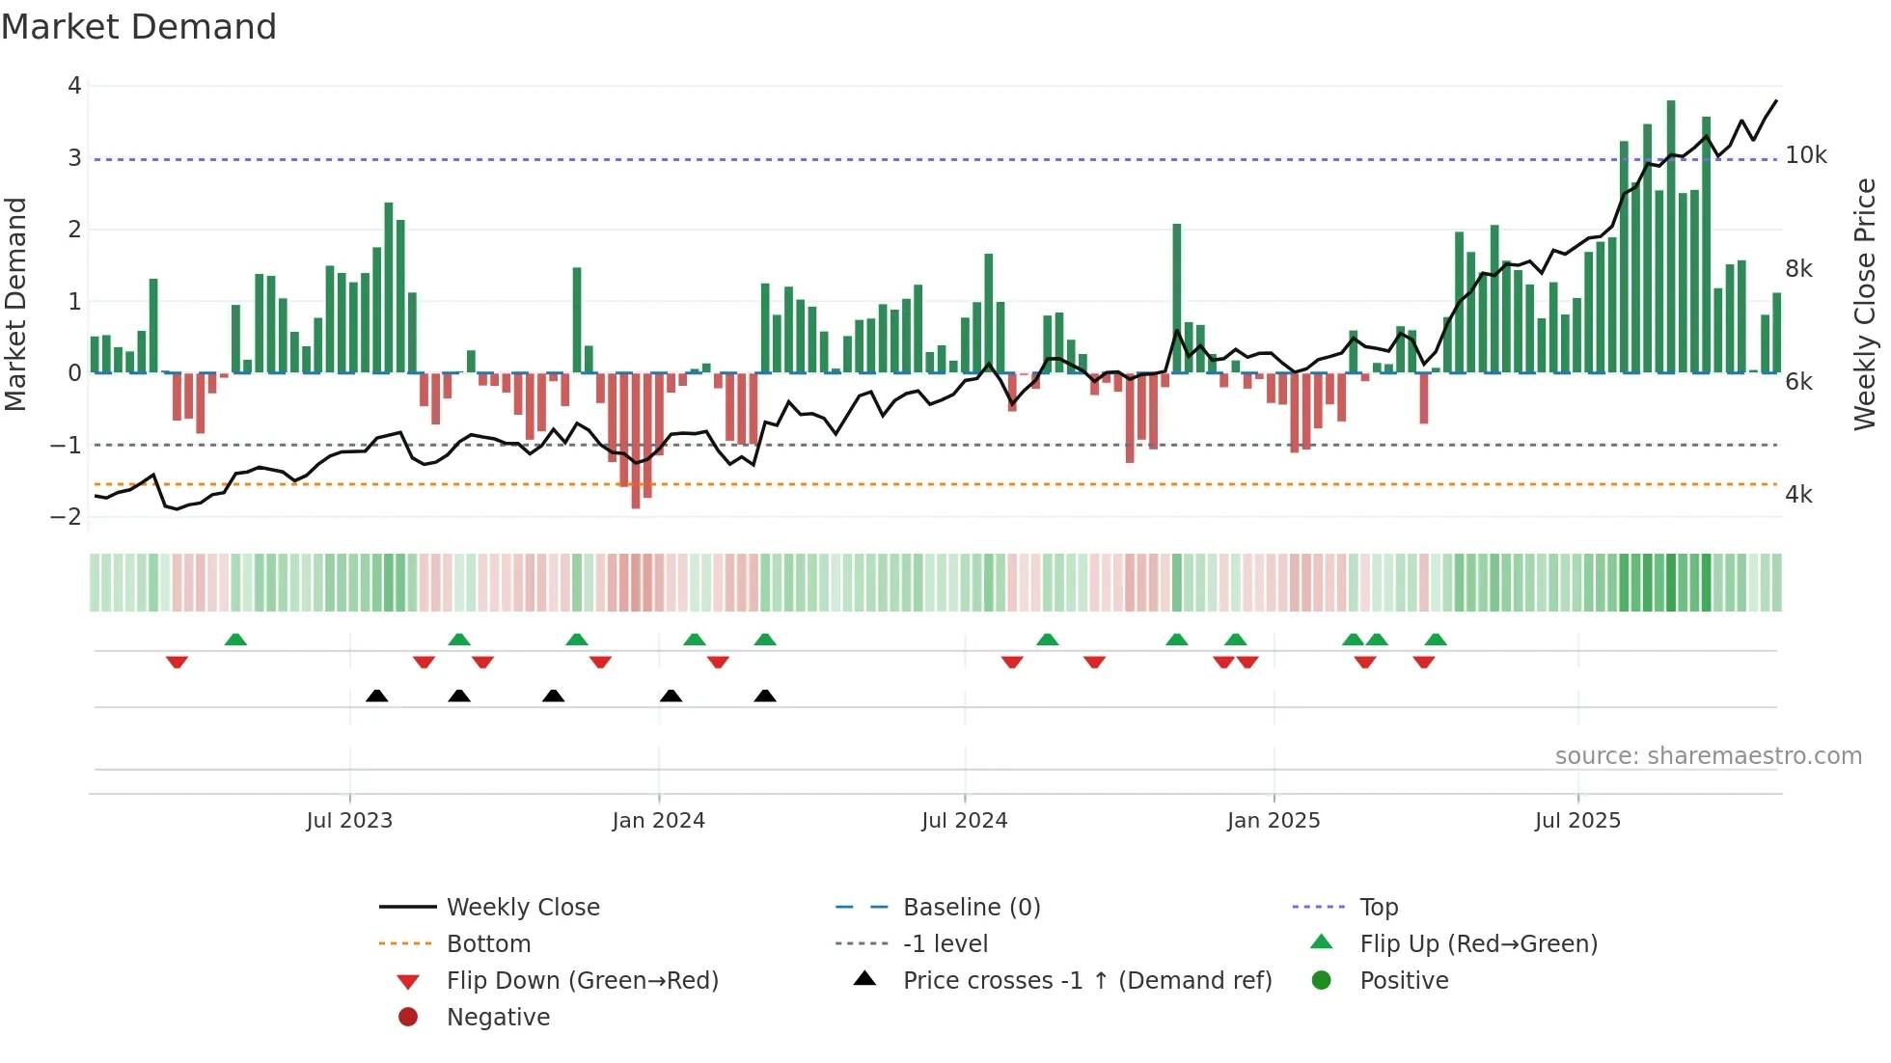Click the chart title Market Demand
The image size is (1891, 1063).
coord(139,27)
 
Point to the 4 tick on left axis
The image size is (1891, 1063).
coord(74,86)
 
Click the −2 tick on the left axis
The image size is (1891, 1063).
coord(67,517)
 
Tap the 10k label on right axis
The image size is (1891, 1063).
coord(1806,155)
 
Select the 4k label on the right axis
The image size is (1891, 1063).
coord(1799,495)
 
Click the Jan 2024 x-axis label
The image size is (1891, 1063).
coord(659,821)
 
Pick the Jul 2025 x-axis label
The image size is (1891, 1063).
coord(1578,821)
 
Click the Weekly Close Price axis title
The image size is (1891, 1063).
coord(1865,304)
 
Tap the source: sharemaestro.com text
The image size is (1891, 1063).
coord(1709,756)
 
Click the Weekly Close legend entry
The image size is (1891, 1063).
coord(523,908)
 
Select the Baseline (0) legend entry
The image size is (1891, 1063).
coord(972,908)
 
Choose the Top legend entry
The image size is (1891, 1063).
coord(1379,908)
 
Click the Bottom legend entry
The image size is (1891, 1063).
coord(488,944)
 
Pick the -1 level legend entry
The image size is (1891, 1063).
coord(945,944)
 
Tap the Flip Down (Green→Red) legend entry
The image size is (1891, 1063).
coord(582,981)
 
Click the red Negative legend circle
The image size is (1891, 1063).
coord(408,1018)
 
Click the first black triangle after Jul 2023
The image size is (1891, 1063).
coord(377,696)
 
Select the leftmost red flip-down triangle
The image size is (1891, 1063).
coord(177,663)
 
